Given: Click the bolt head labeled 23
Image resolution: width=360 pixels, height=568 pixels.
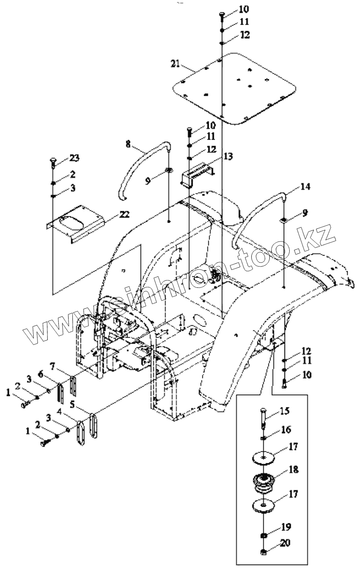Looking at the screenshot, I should (53, 161).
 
